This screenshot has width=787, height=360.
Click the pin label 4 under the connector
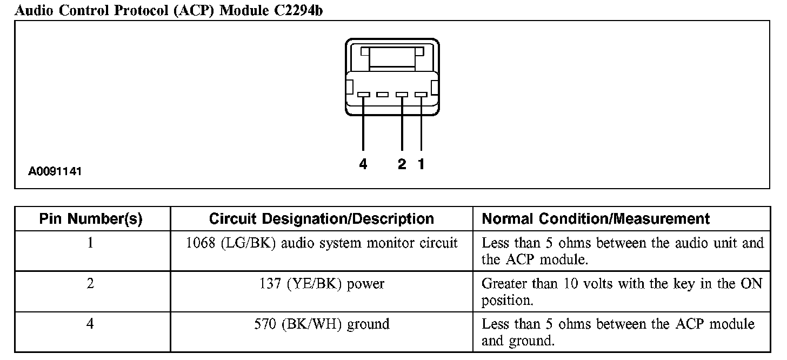click(363, 164)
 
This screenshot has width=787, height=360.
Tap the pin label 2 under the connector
click(402, 164)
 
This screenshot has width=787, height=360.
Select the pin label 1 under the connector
click(421, 164)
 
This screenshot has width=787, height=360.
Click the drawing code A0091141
click(55, 172)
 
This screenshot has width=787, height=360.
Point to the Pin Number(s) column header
click(91, 219)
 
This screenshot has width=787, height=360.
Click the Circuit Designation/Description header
click(321, 219)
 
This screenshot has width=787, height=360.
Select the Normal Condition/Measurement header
click(596, 219)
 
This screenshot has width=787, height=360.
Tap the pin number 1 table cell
click(90, 243)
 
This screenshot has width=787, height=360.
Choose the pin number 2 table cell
click(90, 284)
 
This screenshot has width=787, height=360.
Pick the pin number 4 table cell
click(90, 324)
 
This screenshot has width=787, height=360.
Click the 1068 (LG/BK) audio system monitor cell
click(322, 243)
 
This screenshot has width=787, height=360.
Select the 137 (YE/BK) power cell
click(322, 284)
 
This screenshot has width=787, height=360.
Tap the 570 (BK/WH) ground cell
click(322, 324)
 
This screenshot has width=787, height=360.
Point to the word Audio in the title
click(34, 10)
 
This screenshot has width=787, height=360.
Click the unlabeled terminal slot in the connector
click(383, 95)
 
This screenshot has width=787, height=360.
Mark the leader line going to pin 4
click(363, 124)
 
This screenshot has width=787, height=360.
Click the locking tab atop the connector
click(392, 56)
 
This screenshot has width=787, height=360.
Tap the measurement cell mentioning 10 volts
click(622, 292)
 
